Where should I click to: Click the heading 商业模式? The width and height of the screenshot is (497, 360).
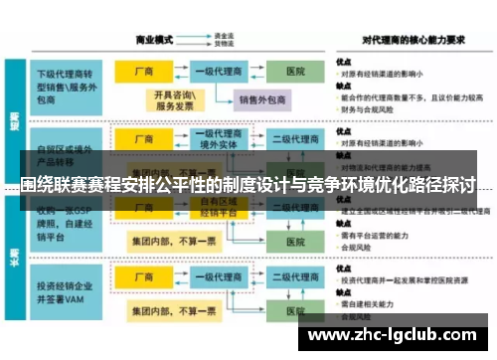[155, 40]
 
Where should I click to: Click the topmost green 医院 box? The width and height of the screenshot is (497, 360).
[295, 73]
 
